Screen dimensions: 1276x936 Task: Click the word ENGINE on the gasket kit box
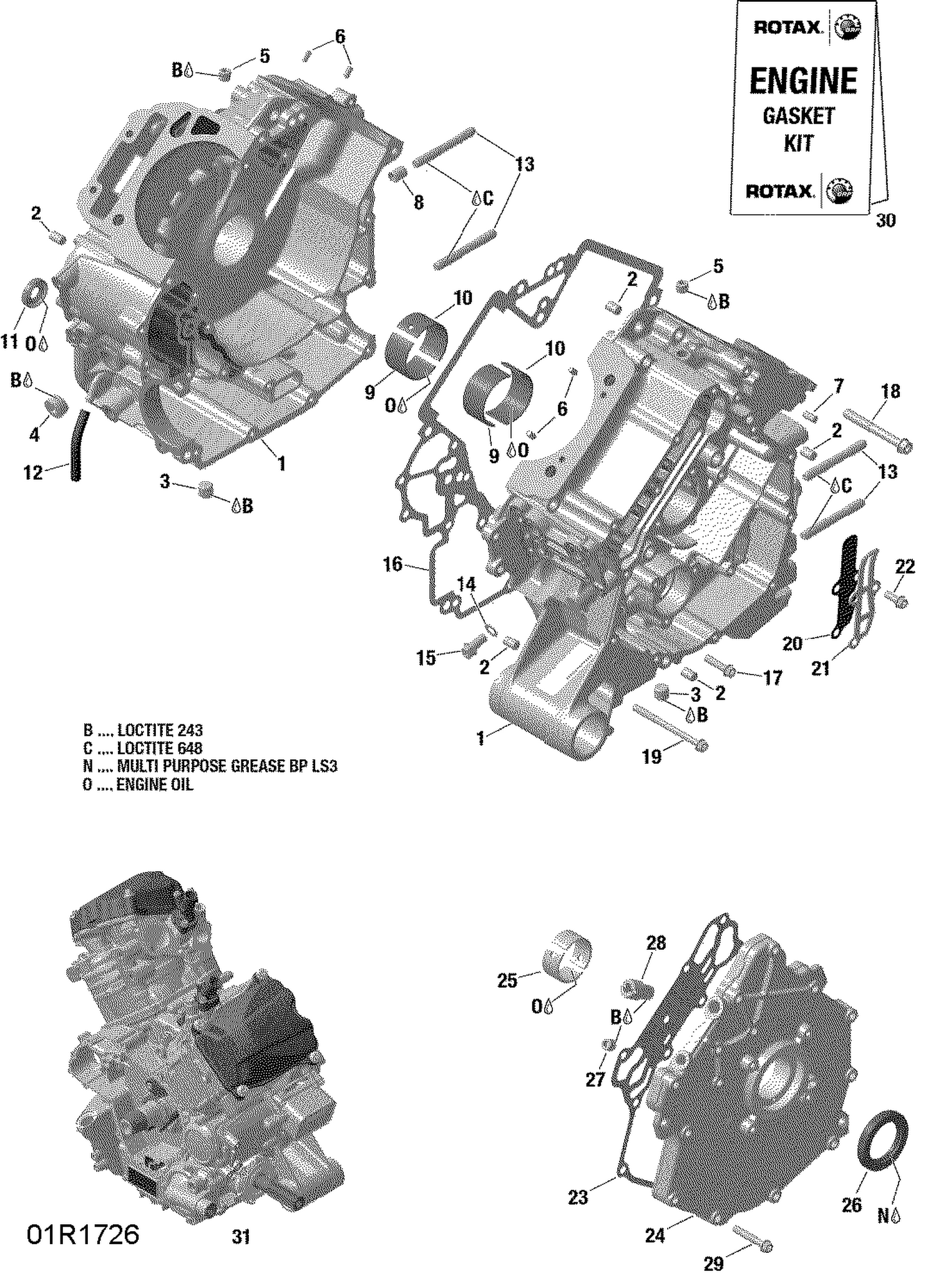(x=803, y=81)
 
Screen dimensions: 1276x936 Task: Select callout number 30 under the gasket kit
(x=885, y=220)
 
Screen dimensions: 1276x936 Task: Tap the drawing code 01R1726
(x=83, y=1234)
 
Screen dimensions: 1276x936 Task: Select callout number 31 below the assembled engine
(x=241, y=1237)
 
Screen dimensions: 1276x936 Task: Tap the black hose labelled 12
(x=78, y=444)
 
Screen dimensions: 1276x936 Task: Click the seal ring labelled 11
(x=36, y=293)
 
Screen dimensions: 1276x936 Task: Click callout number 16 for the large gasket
(x=392, y=565)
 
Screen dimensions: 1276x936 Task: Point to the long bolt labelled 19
(x=669, y=728)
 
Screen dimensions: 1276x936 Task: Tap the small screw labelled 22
(x=900, y=601)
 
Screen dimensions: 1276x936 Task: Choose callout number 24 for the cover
(x=655, y=1235)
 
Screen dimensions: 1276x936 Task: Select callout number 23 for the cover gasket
(x=578, y=1197)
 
